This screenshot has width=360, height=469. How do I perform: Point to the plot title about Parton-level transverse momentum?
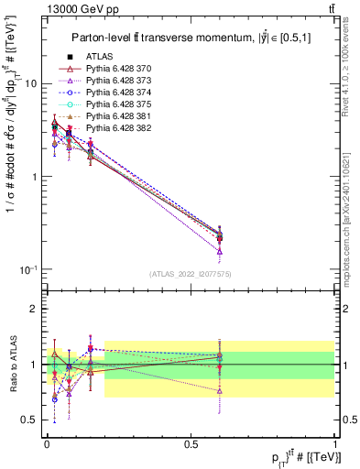pyautogui.click(x=189, y=38)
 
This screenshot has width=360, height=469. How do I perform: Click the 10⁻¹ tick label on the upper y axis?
pyautogui.click(x=27, y=269)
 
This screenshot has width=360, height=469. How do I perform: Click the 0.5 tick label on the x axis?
pyautogui.click(x=191, y=442)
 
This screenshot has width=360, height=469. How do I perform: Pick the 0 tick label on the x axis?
pyautogui.click(x=47, y=442)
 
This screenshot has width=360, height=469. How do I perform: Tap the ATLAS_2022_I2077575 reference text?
pyautogui.click(x=190, y=274)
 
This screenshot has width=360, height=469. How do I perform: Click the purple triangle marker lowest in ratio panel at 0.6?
pyautogui.click(x=219, y=390)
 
